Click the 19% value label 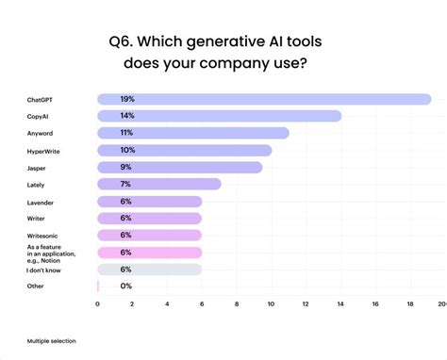pos(127,99)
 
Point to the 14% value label pos(127,116)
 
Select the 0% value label pos(126,286)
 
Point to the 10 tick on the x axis pos(272,304)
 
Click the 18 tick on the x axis pos(410,304)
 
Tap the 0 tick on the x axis pos(98,304)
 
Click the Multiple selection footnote pos(51,340)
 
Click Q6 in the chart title pos(125,41)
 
